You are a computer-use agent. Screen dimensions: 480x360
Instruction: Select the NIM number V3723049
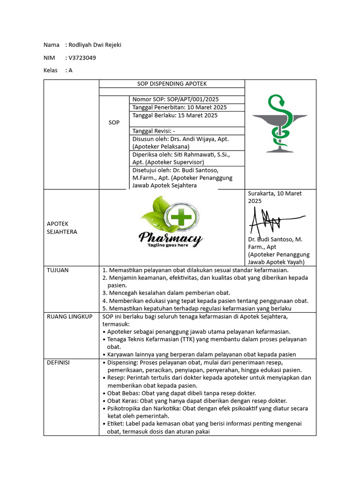click(x=82, y=58)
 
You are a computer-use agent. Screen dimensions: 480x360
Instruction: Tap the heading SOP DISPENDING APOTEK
click(x=172, y=84)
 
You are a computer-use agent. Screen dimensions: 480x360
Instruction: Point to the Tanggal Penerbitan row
click(x=180, y=107)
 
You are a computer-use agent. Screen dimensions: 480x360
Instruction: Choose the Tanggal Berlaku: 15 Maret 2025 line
click(x=175, y=115)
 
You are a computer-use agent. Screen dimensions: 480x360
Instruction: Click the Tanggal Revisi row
click(x=154, y=131)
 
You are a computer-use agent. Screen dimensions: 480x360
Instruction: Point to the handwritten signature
click(x=274, y=220)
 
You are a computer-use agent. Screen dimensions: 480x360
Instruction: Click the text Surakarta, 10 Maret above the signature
click(x=275, y=193)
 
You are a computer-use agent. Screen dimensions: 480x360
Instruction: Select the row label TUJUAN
click(x=57, y=270)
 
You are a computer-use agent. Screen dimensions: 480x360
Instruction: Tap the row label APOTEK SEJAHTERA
click(x=62, y=228)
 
